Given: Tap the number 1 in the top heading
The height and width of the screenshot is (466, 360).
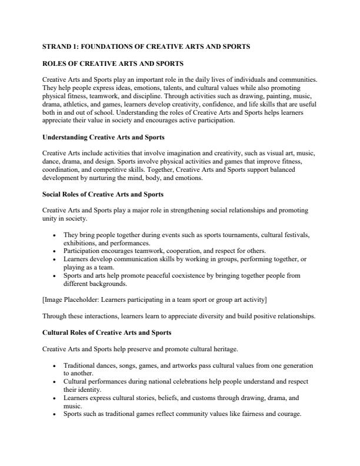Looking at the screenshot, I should (77, 46).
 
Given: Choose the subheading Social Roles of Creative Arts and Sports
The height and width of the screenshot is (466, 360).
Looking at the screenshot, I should (103, 194).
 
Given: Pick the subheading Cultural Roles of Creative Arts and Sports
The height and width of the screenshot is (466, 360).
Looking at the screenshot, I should (107, 332).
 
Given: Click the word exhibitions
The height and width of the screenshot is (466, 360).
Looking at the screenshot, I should (82, 242).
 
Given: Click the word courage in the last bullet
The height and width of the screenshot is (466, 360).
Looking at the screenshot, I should (287, 414).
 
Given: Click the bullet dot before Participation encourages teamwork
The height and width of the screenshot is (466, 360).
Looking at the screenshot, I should (54, 250).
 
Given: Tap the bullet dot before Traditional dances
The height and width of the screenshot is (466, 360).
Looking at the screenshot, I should (54, 365).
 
